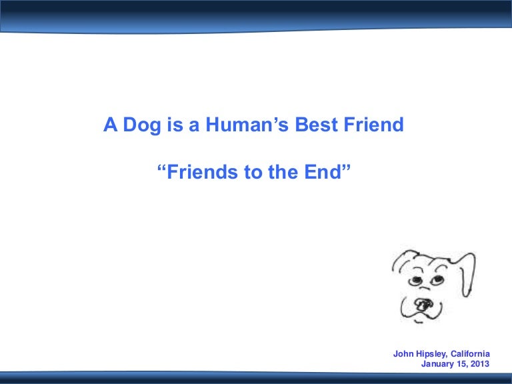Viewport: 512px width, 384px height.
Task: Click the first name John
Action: (x=404, y=353)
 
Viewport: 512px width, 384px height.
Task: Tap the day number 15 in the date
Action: (x=465, y=364)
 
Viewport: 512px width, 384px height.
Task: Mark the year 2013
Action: (x=481, y=364)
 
